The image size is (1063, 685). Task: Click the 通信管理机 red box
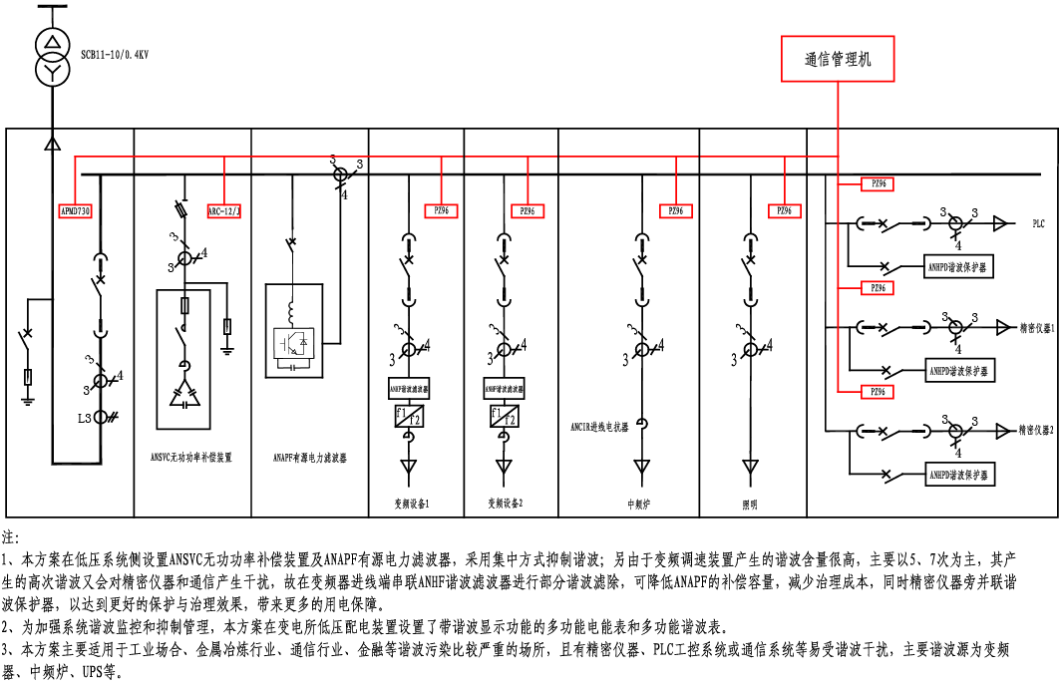[x=838, y=59]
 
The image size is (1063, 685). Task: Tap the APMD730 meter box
[x=76, y=211]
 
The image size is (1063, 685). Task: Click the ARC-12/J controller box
[x=224, y=211]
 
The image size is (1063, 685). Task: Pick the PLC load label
[x=1038, y=225]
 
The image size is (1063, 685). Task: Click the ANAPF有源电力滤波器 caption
[x=310, y=458]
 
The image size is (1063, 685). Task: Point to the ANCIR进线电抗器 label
[x=600, y=426]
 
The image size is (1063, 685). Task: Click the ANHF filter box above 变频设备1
[x=409, y=389]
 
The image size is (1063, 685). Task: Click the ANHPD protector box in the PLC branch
[x=960, y=268]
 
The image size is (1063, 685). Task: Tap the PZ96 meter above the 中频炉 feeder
[x=675, y=211]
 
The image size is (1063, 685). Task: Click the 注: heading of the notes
[x=11, y=536]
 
